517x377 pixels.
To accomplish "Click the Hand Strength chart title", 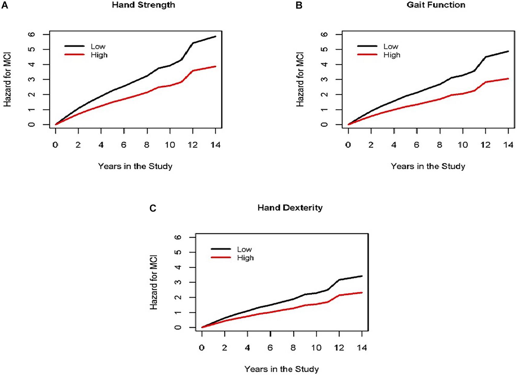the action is (144, 5).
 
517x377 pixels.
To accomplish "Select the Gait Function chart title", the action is (436, 5).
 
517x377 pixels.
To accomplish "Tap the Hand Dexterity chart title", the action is (290, 208).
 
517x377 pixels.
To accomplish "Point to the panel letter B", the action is (299, 5).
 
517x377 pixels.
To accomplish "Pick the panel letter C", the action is (153, 208).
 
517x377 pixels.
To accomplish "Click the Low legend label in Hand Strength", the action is (98, 46).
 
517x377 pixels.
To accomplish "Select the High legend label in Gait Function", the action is (392, 55).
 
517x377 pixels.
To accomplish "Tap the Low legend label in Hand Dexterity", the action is (244, 249).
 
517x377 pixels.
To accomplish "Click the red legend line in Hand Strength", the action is (74, 55).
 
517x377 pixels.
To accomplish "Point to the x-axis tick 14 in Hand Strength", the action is (216, 145).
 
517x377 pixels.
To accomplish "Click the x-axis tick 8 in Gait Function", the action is (440, 145).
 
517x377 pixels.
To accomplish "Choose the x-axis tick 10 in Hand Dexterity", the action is (317, 348).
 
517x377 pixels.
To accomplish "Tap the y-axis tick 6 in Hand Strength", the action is (32, 34).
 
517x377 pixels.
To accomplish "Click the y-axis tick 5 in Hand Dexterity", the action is (178, 252).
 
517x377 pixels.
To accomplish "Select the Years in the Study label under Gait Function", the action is (428, 166).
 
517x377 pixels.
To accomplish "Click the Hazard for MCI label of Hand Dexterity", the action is (154, 282).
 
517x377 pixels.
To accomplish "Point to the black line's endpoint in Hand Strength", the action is (216, 36).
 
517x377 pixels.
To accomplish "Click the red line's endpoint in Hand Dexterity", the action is (362, 293).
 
